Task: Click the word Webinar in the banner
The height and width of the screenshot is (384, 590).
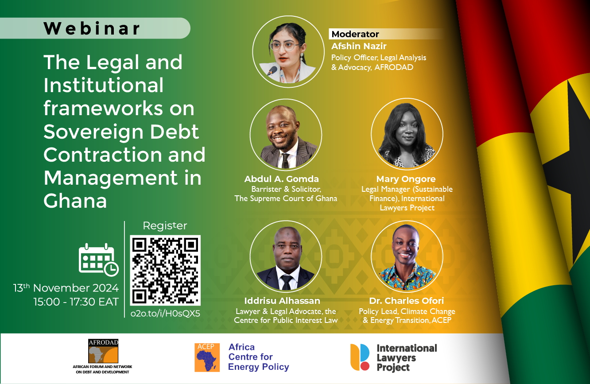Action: [92, 28]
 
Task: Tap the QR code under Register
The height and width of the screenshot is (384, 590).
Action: [165, 270]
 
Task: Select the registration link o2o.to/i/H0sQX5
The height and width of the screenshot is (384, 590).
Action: [165, 314]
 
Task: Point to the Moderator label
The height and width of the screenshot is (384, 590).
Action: [355, 34]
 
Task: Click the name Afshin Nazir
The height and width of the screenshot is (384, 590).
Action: [359, 46]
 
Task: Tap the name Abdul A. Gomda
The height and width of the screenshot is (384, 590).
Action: [281, 179]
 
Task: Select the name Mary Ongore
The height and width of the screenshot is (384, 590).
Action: [406, 179]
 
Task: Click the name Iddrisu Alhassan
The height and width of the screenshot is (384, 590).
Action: [282, 301]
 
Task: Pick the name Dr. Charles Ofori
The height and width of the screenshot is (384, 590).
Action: [407, 301]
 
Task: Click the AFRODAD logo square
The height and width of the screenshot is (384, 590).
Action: [103, 351]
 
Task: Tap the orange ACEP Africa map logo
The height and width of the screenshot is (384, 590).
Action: [207, 357]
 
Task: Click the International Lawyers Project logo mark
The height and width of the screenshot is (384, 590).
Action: [360, 357]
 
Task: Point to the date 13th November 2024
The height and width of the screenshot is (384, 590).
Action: [66, 288]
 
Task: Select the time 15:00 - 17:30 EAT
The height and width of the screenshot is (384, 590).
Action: [76, 302]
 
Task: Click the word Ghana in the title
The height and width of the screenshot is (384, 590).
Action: [75, 201]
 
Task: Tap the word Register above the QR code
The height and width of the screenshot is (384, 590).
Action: [165, 226]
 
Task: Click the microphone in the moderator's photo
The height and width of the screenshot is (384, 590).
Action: [272, 71]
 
